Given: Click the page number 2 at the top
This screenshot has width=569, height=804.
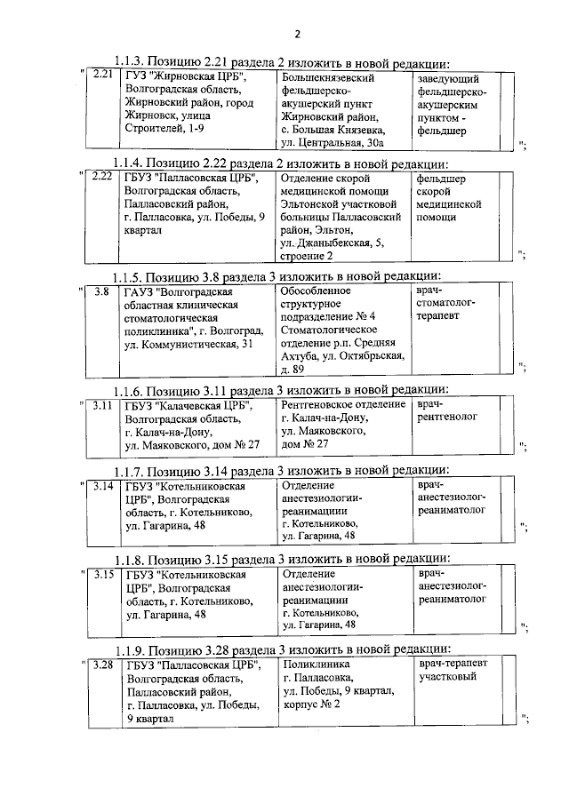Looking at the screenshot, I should coord(297,35).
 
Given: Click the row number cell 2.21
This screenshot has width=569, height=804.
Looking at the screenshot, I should coord(102,77).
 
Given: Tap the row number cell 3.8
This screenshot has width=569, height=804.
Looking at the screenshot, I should coord(102,291).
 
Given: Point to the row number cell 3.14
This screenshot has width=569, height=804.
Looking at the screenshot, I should coord(103,485).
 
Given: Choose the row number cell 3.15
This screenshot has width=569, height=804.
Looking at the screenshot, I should coord(103,574).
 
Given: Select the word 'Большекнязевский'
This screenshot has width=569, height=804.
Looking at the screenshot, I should coord(325,78).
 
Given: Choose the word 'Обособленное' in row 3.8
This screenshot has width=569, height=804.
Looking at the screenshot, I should coord(315,291).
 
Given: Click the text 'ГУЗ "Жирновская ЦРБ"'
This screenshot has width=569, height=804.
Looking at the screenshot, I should coord(183,78).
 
